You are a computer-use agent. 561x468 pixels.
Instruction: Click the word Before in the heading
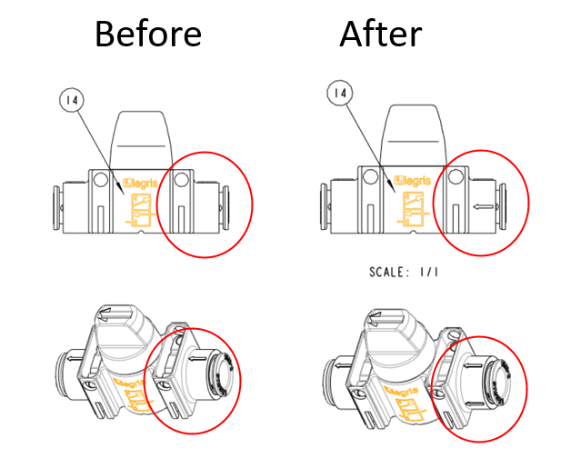coord(148,34)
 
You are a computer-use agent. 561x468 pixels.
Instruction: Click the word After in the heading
coord(381,34)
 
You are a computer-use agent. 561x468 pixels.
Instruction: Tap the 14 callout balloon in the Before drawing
coord(72,100)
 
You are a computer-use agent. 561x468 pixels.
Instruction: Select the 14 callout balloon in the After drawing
coord(340,93)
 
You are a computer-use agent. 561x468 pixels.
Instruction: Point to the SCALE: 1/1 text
coord(404,272)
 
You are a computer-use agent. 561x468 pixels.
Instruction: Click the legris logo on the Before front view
coord(140,184)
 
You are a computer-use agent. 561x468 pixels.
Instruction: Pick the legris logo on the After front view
coord(412,181)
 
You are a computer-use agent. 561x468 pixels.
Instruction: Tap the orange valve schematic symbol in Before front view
coord(141,210)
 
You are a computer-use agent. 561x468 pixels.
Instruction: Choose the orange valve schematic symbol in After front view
coord(413,209)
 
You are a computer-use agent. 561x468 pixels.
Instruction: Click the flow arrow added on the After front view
coord(484,206)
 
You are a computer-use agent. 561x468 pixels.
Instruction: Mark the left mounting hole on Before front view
coord(101,180)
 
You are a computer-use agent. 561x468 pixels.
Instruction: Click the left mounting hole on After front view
coord(369,176)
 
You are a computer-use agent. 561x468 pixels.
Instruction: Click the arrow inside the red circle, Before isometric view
coord(197,358)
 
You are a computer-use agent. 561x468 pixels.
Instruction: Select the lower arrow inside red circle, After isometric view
coord(475,404)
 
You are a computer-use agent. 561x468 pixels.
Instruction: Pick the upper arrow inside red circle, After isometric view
coord(474,365)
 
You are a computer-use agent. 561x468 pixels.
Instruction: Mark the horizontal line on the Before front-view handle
coord(141,146)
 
